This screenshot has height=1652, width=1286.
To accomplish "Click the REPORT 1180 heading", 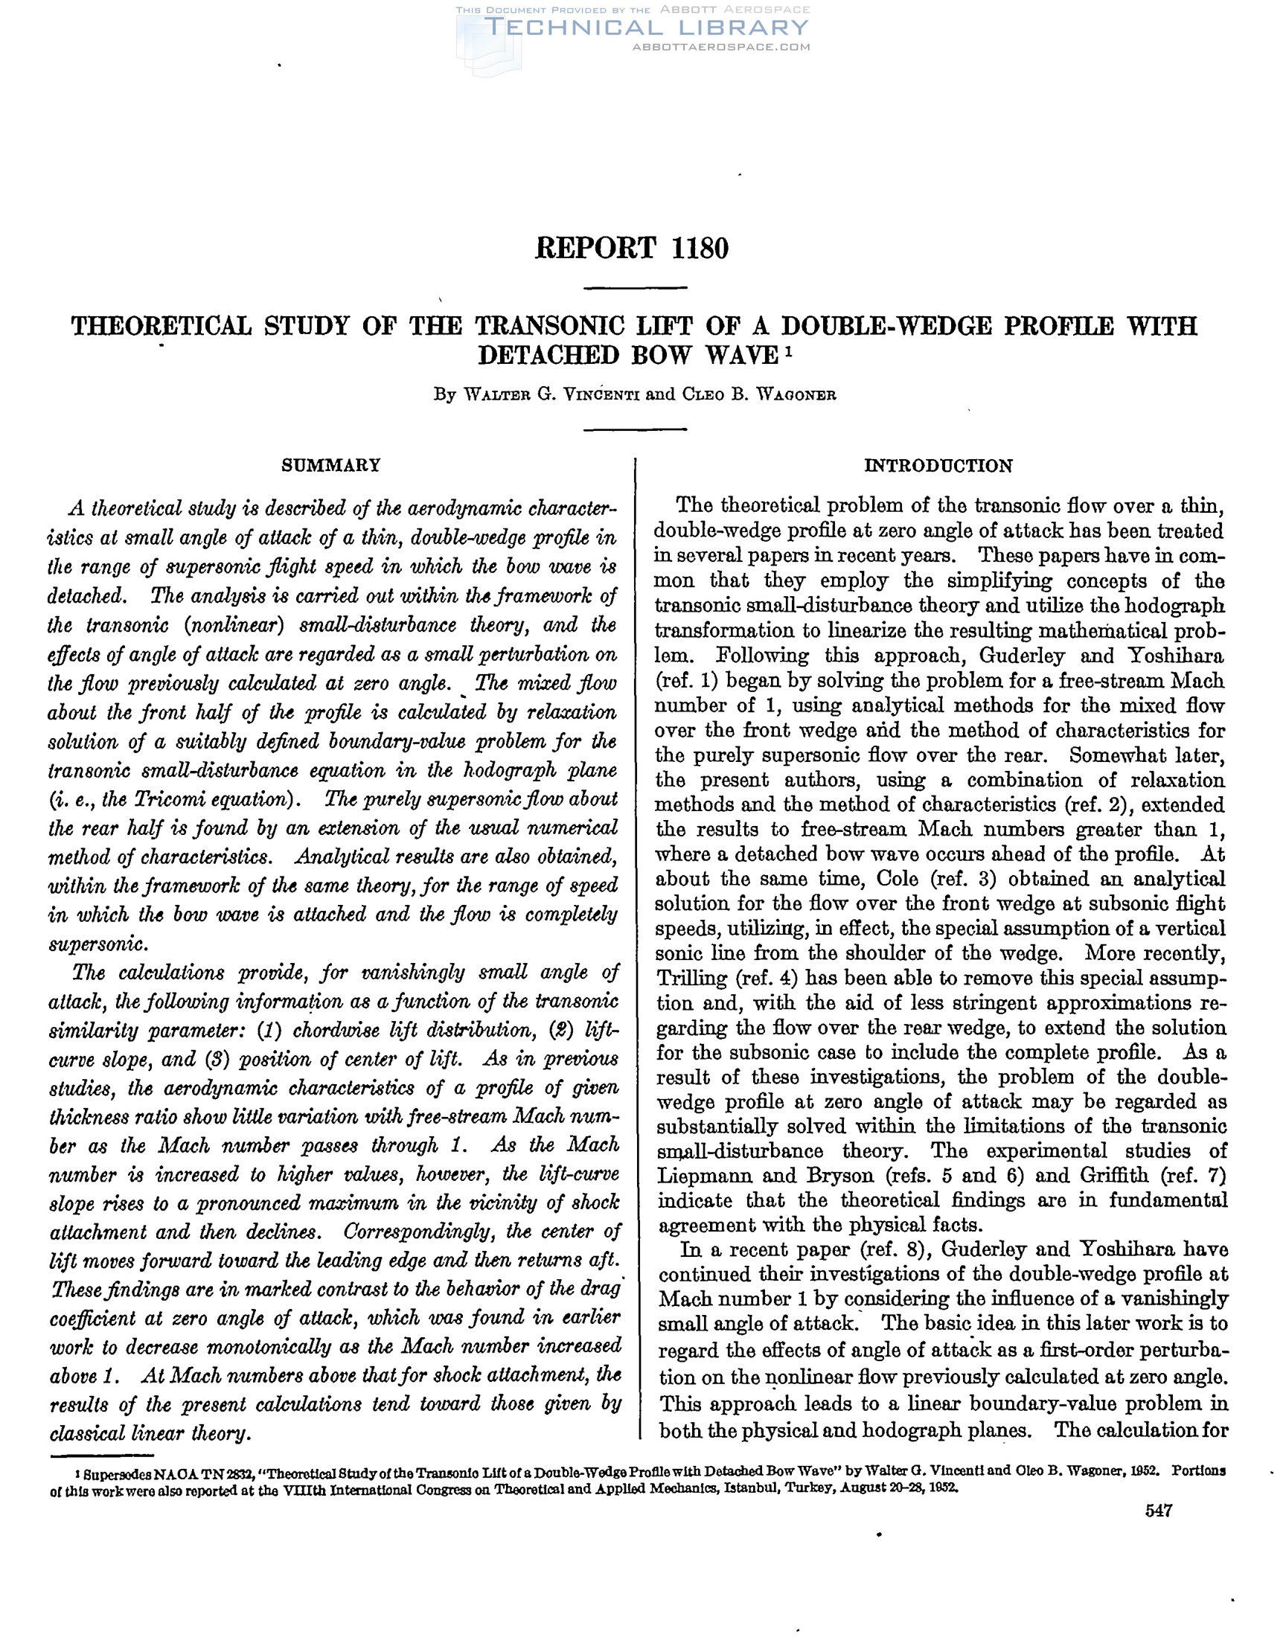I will pos(632,249).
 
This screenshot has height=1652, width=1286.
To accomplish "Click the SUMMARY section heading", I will pos(330,464).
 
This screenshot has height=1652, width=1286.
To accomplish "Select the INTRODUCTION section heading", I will pos(938,466).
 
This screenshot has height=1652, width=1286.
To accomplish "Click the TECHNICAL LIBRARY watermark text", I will pos(647,28).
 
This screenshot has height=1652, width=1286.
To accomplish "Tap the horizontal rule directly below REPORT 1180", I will pos(636,288).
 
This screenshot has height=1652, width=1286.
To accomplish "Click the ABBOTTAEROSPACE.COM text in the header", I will pos(720,47).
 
